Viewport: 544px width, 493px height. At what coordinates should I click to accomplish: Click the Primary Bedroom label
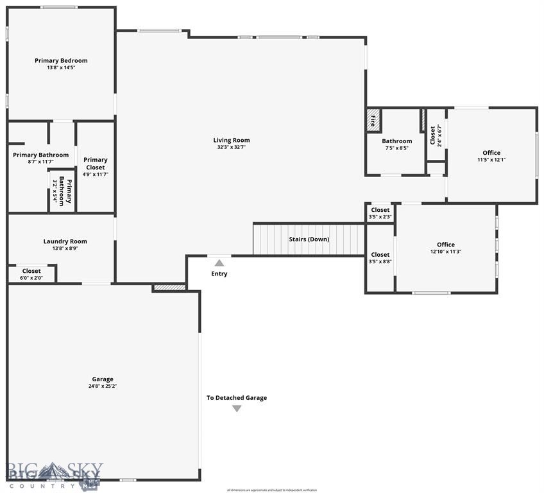pos(61,61)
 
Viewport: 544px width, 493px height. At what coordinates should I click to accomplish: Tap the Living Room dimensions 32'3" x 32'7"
pos(232,147)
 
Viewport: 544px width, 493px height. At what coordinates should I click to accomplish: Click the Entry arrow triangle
pos(219,263)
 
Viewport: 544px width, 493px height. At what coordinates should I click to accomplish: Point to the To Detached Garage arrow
pos(237,408)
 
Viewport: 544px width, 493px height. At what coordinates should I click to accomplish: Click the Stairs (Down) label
pos(309,239)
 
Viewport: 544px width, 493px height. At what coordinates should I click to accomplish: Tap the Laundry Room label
pos(65,241)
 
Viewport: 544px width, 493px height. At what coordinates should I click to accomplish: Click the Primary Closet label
pos(96,164)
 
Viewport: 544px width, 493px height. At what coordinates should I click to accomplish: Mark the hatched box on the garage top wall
pos(169,288)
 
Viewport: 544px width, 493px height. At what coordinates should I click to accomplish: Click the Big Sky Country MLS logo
pos(55,474)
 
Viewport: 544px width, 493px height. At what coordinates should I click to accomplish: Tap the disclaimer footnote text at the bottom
pos(272,490)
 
